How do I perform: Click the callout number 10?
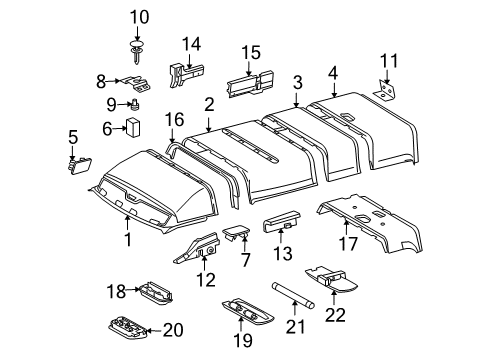coord(138,16)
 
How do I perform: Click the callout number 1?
coord(127,240)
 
